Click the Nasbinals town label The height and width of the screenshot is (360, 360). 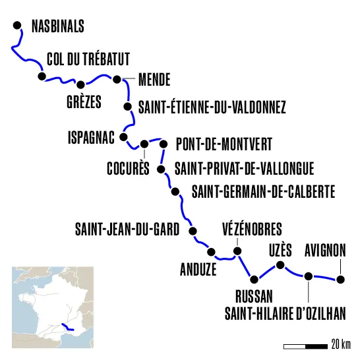point(57,27)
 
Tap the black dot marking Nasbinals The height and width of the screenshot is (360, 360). point(18,26)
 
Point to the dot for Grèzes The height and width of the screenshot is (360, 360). point(81,84)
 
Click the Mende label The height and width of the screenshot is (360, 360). point(154,80)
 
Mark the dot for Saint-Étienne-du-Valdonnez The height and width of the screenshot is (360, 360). point(129,105)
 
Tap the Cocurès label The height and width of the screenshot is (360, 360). point(128,168)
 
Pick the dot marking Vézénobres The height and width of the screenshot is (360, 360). point(238,251)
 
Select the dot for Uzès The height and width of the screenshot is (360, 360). point(280,266)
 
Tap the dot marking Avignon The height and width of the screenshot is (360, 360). point(340,280)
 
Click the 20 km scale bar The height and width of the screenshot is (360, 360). point(305,345)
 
